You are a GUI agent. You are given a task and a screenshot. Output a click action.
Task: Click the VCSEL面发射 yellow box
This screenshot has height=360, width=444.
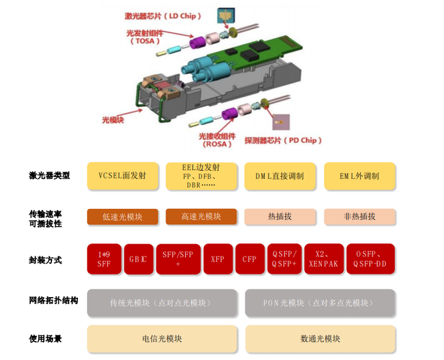122,176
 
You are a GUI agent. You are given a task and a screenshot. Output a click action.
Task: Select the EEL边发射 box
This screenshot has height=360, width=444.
201,176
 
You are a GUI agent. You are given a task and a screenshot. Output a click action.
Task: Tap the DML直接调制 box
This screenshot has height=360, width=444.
280,176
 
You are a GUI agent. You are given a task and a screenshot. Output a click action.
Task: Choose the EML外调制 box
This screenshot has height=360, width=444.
360,176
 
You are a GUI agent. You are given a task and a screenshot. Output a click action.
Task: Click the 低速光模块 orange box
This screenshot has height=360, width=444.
122,217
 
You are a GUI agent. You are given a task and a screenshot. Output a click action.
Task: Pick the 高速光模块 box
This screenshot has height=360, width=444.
201,217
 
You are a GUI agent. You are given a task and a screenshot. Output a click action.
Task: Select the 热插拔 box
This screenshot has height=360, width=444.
280,217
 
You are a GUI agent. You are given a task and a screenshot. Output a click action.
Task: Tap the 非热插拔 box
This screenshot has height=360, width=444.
360,217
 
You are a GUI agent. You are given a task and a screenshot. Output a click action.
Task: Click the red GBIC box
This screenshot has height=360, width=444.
138,259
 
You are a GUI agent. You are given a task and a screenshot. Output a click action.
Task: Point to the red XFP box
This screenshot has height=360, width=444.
218,259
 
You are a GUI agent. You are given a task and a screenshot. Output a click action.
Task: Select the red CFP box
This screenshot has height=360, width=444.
249,259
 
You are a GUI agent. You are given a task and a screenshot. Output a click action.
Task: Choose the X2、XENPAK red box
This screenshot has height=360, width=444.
323,259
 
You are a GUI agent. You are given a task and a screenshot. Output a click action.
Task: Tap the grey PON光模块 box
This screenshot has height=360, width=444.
320,303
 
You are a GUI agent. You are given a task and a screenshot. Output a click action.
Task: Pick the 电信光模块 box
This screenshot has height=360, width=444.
162,339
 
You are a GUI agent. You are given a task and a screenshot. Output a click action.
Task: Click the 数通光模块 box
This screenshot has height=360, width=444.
320,339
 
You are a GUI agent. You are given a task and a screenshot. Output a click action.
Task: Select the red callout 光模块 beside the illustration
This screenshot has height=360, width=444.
115,119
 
